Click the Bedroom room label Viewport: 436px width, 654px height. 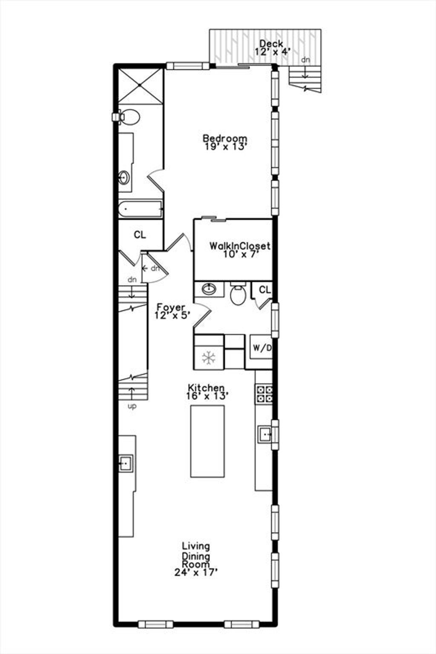pyautogui.click(x=225, y=142)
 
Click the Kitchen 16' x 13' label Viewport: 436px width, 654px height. pyautogui.click(x=207, y=392)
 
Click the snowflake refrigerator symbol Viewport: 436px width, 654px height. pyautogui.click(x=209, y=358)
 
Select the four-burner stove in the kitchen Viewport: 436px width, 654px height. pyautogui.click(x=264, y=394)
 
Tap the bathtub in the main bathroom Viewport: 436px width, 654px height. pyautogui.click(x=140, y=209)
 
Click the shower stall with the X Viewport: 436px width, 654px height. pyautogui.click(x=140, y=86)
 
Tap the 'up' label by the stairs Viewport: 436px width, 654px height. pyautogui.click(x=132, y=407)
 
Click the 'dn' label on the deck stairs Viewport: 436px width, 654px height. pyautogui.click(x=306, y=60)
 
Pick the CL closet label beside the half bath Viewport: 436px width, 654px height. pyautogui.click(x=265, y=290)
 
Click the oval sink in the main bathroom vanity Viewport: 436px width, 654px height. pyautogui.click(x=124, y=178)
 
